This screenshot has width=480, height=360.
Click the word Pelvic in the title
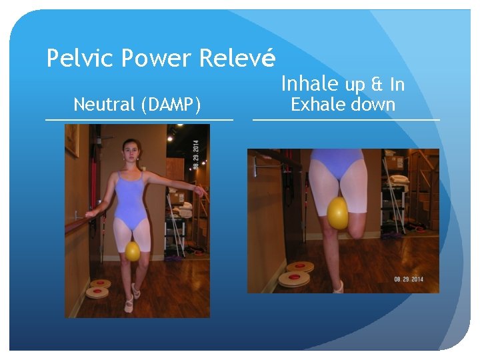[x=71, y=59]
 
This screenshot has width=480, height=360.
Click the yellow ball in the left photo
[x=133, y=251]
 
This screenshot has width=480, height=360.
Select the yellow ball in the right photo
[x=338, y=213]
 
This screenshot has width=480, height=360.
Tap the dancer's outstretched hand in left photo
[x=199, y=191]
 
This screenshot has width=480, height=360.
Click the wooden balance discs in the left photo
[x=99, y=288]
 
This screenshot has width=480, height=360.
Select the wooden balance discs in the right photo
[x=295, y=273]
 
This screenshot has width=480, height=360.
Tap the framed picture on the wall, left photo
[x=72, y=140]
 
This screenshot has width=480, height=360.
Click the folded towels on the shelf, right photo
[x=399, y=179]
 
